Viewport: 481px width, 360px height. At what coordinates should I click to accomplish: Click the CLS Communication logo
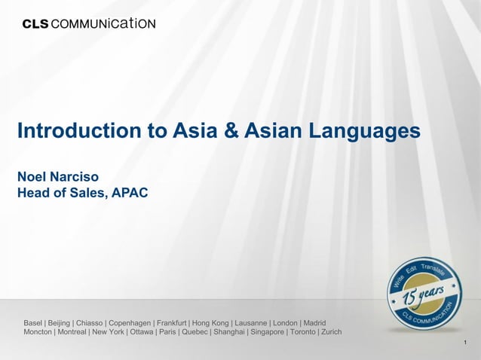pos(89,23)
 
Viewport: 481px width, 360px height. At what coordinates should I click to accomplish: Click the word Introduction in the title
pos(74,131)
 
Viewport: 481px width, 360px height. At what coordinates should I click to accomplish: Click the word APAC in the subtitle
pos(130,194)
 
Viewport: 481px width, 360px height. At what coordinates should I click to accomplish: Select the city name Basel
pos(33,322)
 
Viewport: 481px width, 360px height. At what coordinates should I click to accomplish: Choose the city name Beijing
pos(60,322)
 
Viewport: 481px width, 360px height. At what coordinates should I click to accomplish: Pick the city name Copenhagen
pos(129,322)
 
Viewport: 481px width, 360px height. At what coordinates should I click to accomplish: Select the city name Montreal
pos(67,331)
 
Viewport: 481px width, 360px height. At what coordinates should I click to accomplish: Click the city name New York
pos(108,331)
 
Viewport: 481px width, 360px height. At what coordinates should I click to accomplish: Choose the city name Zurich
pos(330,331)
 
